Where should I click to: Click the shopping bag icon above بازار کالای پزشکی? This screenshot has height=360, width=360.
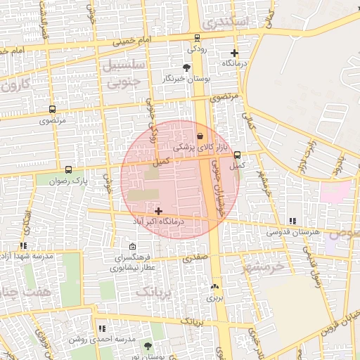(200, 136)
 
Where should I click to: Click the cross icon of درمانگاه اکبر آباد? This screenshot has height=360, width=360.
(158, 211)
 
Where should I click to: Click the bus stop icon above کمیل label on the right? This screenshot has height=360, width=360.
(236, 155)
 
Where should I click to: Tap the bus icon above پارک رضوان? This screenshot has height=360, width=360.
(68, 169)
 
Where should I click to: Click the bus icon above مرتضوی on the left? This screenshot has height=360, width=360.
(52, 110)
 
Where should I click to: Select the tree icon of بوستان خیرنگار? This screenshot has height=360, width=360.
(186, 67)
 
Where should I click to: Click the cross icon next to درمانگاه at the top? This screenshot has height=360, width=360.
(234, 53)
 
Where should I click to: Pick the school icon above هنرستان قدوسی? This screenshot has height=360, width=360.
(292, 221)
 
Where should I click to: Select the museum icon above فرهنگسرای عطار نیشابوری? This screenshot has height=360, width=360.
(133, 247)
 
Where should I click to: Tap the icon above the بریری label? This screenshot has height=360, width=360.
(214, 287)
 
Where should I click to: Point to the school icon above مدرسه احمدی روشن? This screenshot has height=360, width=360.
(102, 328)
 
